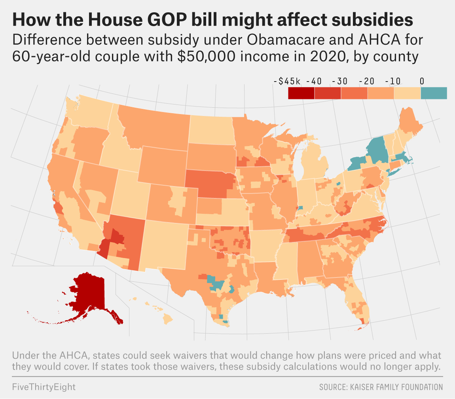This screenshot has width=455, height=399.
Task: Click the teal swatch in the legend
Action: pos(434,93)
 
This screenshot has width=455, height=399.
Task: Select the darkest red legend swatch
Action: pos(301,93)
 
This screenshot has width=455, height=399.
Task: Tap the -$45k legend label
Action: pos(287,82)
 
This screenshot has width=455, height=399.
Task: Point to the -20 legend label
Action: pos(367,82)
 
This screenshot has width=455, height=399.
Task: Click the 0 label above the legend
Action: pos(422,82)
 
